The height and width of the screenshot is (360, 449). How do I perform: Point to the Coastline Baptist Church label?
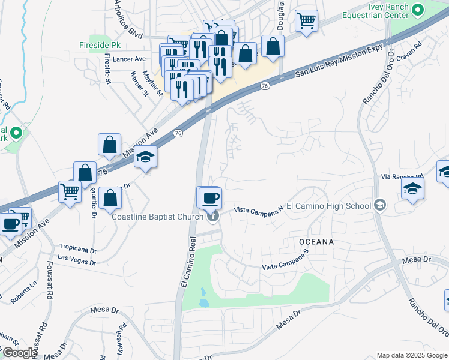(157, 217)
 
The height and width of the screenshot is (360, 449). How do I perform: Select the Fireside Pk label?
(96, 45)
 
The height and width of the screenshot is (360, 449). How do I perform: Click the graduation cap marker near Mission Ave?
(145, 158)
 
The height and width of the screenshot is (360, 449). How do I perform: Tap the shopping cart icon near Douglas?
(307, 20)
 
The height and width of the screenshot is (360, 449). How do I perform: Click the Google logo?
(20, 353)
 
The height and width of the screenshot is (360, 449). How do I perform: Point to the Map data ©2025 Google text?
(411, 355)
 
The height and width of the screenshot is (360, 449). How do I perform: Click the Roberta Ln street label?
(25, 287)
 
